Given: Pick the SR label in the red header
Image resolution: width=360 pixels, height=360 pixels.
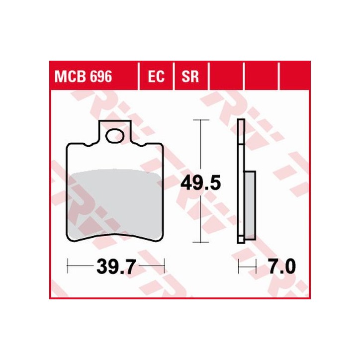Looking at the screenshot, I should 190,77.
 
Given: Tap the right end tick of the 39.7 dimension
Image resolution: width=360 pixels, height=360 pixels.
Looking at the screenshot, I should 164,268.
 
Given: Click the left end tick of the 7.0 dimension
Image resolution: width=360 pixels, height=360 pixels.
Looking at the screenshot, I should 239,268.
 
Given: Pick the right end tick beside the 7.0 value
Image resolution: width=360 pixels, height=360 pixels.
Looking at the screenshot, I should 256,268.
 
